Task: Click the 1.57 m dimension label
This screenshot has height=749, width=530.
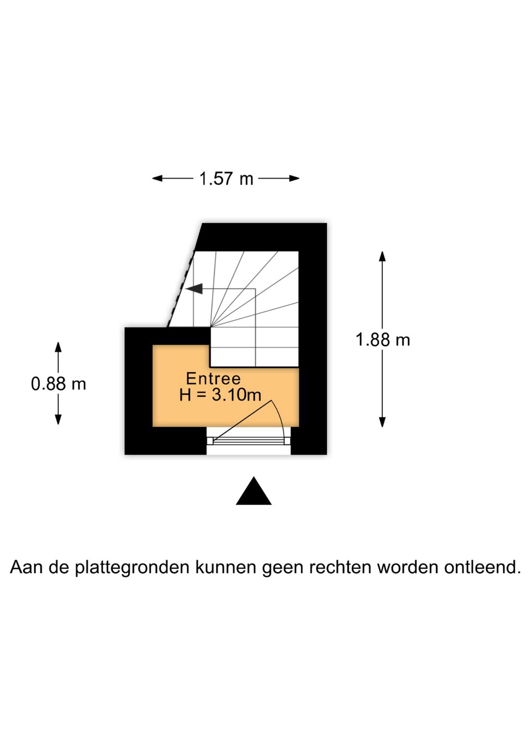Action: click(x=226, y=179)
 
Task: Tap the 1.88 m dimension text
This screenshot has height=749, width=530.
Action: click(x=383, y=340)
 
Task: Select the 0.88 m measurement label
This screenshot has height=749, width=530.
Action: click(x=58, y=383)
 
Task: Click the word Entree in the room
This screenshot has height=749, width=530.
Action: click(x=213, y=378)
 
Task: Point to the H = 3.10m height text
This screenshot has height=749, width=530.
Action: click(x=220, y=395)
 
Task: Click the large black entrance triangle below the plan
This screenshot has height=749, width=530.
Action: click(x=253, y=491)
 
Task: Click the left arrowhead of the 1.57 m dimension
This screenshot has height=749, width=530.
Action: click(x=157, y=179)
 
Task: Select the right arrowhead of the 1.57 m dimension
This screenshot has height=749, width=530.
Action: click(x=294, y=179)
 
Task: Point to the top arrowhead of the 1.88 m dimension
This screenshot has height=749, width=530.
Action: click(x=382, y=256)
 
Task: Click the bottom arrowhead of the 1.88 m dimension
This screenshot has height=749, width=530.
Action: click(x=382, y=422)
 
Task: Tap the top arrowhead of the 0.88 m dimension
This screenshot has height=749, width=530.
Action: click(x=58, y=347)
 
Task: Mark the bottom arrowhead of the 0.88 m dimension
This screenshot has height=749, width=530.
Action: click(x=58, y=419)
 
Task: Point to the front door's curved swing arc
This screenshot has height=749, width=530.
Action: click(x=281, y=418)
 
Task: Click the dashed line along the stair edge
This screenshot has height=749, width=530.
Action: click(x=181, y=289)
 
